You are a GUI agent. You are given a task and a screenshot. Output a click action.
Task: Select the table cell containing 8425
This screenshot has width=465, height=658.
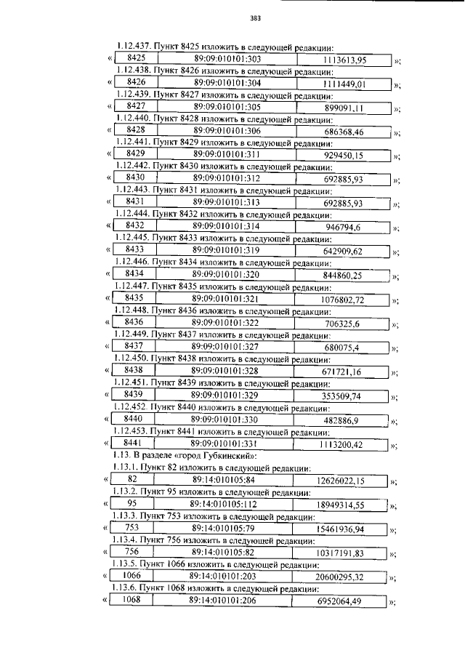[x=137, y=57]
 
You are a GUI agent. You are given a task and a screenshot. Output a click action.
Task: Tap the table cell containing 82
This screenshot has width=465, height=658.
[x=132, y=479]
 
